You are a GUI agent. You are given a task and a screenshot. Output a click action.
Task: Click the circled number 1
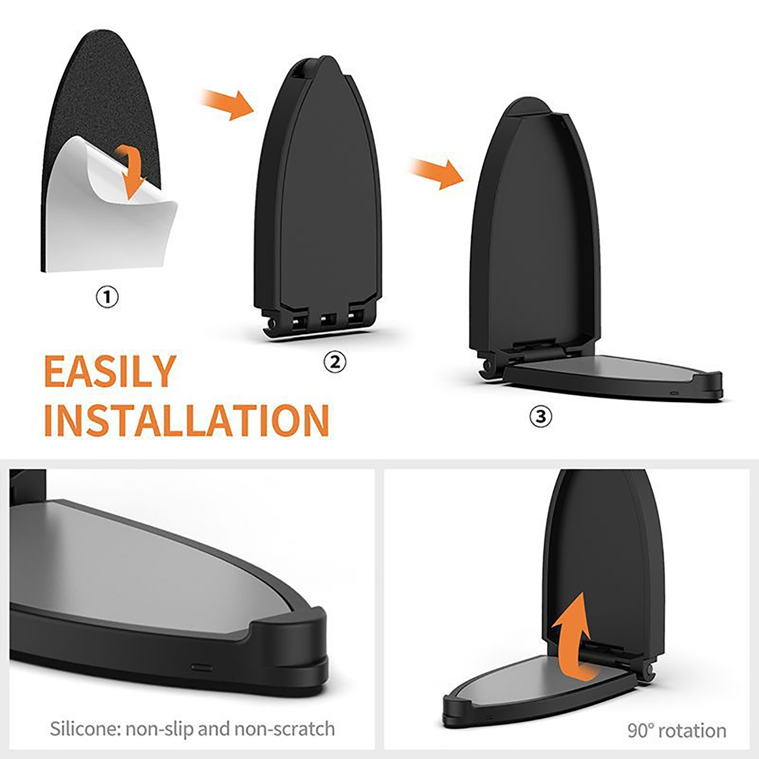click(x=107, y=297)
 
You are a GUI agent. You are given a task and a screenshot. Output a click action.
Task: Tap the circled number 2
click(x=335, y=362)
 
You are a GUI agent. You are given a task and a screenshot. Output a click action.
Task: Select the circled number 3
click(x=541, y=417)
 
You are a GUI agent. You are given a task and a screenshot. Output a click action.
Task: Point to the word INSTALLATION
click(x=186, y=420)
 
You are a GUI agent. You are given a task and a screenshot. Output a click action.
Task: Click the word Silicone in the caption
click(x=85, y=729)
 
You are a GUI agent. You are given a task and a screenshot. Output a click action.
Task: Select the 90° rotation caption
click(x=677, y=731)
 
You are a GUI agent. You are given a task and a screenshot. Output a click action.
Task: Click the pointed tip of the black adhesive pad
click(x=102, y=31)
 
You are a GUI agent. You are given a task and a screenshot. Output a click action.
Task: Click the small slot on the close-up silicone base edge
click(x=202, y=666)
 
